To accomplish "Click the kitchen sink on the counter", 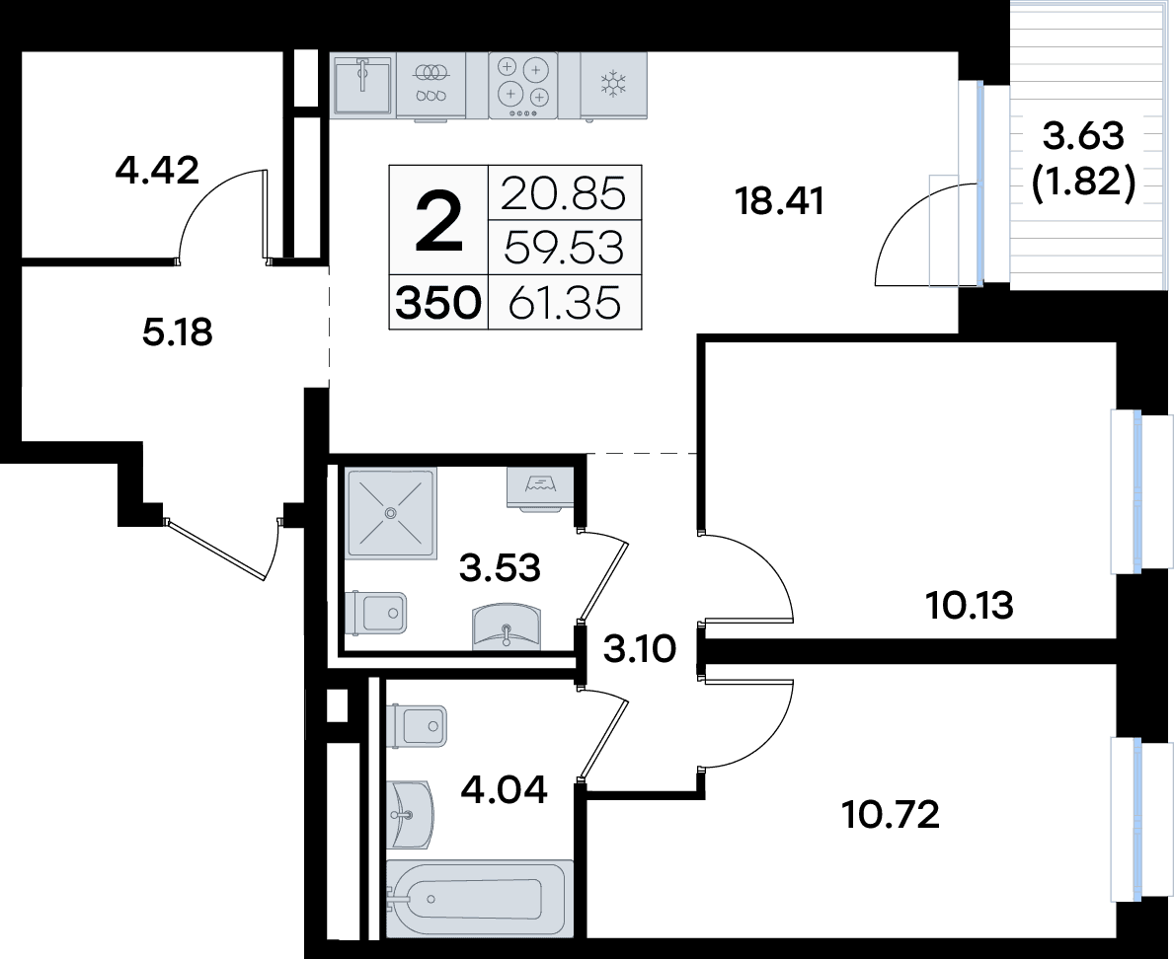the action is click(x=362, y=85).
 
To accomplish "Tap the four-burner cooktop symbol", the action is click(x=522, y=85).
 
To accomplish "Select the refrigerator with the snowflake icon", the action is click(x=613, y=85).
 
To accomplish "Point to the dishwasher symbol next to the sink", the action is click(x=430, y=85).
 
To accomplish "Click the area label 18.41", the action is click(x=779, y=201).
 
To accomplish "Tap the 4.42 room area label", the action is click(x=157, y=171).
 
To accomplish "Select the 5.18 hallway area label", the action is click(x=178, y=332).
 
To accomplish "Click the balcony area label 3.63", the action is click(x=1084, y=136).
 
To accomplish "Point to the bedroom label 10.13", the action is click(x=970, y=605).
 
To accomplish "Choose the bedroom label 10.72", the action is click(x=891, y=814).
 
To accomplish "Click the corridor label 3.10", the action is click(x=640, y=648).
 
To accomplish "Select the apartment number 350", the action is click(x=438, y=304).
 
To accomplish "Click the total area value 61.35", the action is click(x=565, y=304).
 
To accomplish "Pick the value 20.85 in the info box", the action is click(x=563, y=193).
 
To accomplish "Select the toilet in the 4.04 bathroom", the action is click(x=417, y=725).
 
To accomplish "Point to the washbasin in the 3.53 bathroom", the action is click(x=507, y=627).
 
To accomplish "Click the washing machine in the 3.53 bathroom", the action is click(x=540, y=489).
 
